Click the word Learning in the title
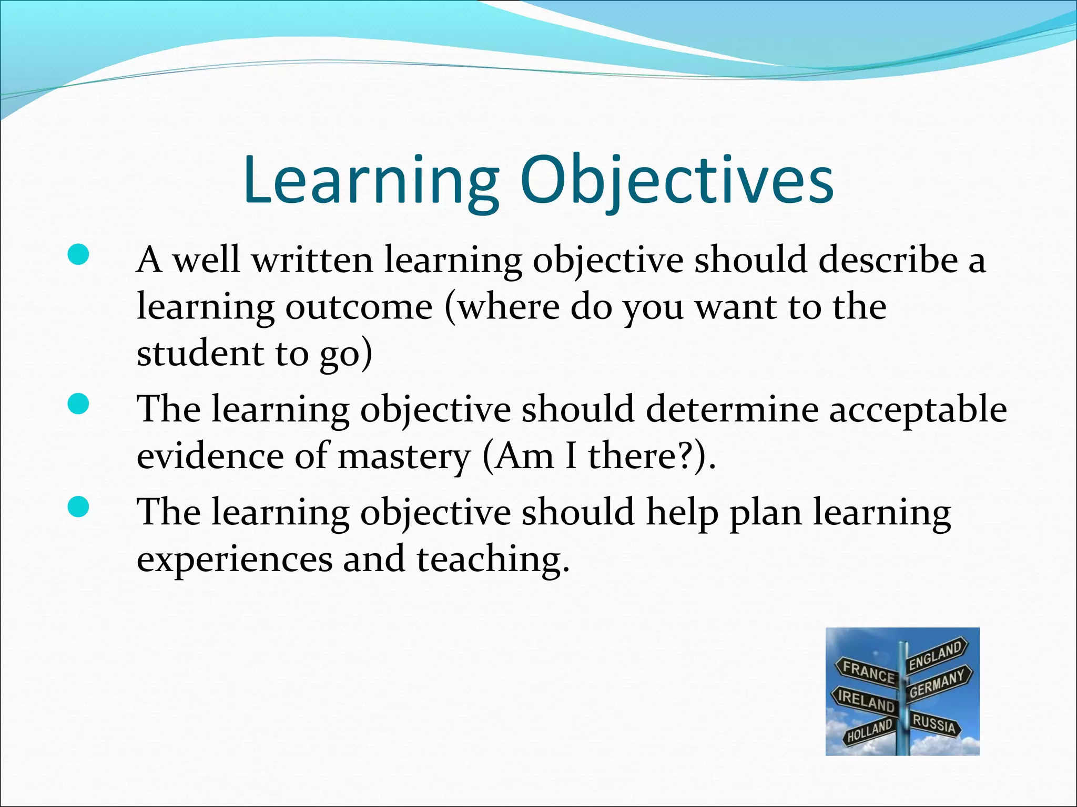tap(370, 181)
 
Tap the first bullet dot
tap(78, 256)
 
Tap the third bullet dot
tap(78, 508)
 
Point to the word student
tap(200, 353)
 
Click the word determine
tap(732, 409)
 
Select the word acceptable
tap(918, 410)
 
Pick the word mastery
tap(404, 456)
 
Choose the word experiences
tap(235, 560)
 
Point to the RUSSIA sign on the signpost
tap(934, 724)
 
